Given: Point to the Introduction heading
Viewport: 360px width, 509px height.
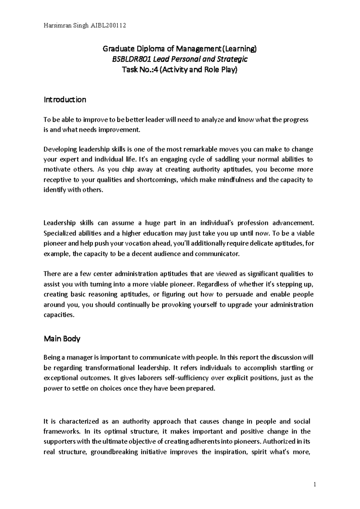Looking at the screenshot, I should (x=65, y=100).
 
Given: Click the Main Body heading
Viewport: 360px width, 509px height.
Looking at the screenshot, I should (x=62, y=339).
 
